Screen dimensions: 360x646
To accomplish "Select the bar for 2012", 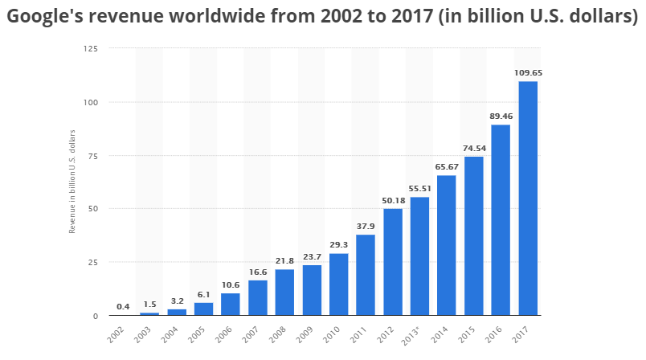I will pyautogui.click(x=393, y=262).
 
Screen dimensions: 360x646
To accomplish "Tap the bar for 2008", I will pyautogui.click(x=284, y=292).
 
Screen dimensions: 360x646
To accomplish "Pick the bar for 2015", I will pyautogui.click(x=474, y=236).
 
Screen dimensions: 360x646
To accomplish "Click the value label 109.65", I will pyautogui.click(x=528, y=73).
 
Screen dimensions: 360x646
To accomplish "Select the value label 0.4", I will pyautogui.click(x=123, y=306).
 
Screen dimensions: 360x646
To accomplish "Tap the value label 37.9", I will pyautogui.click(x=366, y=226).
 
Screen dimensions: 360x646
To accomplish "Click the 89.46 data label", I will pyautogui.click(x=501, y=116).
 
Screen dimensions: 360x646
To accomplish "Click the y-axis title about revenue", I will pyautogui.click(x=72, y=182).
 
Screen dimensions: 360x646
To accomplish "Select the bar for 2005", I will pyautogui.click(x=203, y=309).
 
